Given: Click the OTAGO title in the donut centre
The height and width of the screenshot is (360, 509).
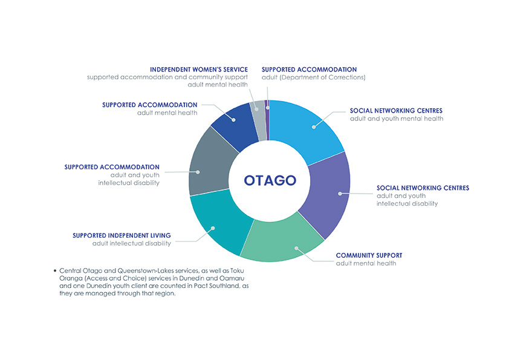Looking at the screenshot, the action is pos(270,180).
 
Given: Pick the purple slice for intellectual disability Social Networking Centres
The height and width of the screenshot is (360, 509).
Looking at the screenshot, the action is pos(328,195).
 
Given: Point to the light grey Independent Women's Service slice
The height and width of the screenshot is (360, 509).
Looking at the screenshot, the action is pos(258,120).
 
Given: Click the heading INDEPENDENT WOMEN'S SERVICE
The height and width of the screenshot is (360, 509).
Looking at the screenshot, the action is pos(199,70).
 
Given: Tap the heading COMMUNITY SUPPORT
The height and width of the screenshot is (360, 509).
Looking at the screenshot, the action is pos(369,255).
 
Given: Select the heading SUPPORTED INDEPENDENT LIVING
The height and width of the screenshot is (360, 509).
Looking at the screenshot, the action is pos(122,235).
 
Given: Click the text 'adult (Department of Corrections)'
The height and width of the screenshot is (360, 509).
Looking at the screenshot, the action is pos(314,77).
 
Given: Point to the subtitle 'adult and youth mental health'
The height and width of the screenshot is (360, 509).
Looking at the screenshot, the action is pos(397,119).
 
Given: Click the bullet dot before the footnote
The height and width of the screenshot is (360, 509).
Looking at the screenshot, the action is pos(55,270).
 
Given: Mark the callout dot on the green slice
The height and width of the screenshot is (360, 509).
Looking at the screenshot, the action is pos(296,248).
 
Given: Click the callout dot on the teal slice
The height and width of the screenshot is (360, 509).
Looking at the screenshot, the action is pos(213,228).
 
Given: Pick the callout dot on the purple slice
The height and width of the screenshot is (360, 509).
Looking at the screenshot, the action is pos(340,194).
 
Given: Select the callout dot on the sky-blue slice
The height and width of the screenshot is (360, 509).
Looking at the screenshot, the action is pos(314,127).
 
